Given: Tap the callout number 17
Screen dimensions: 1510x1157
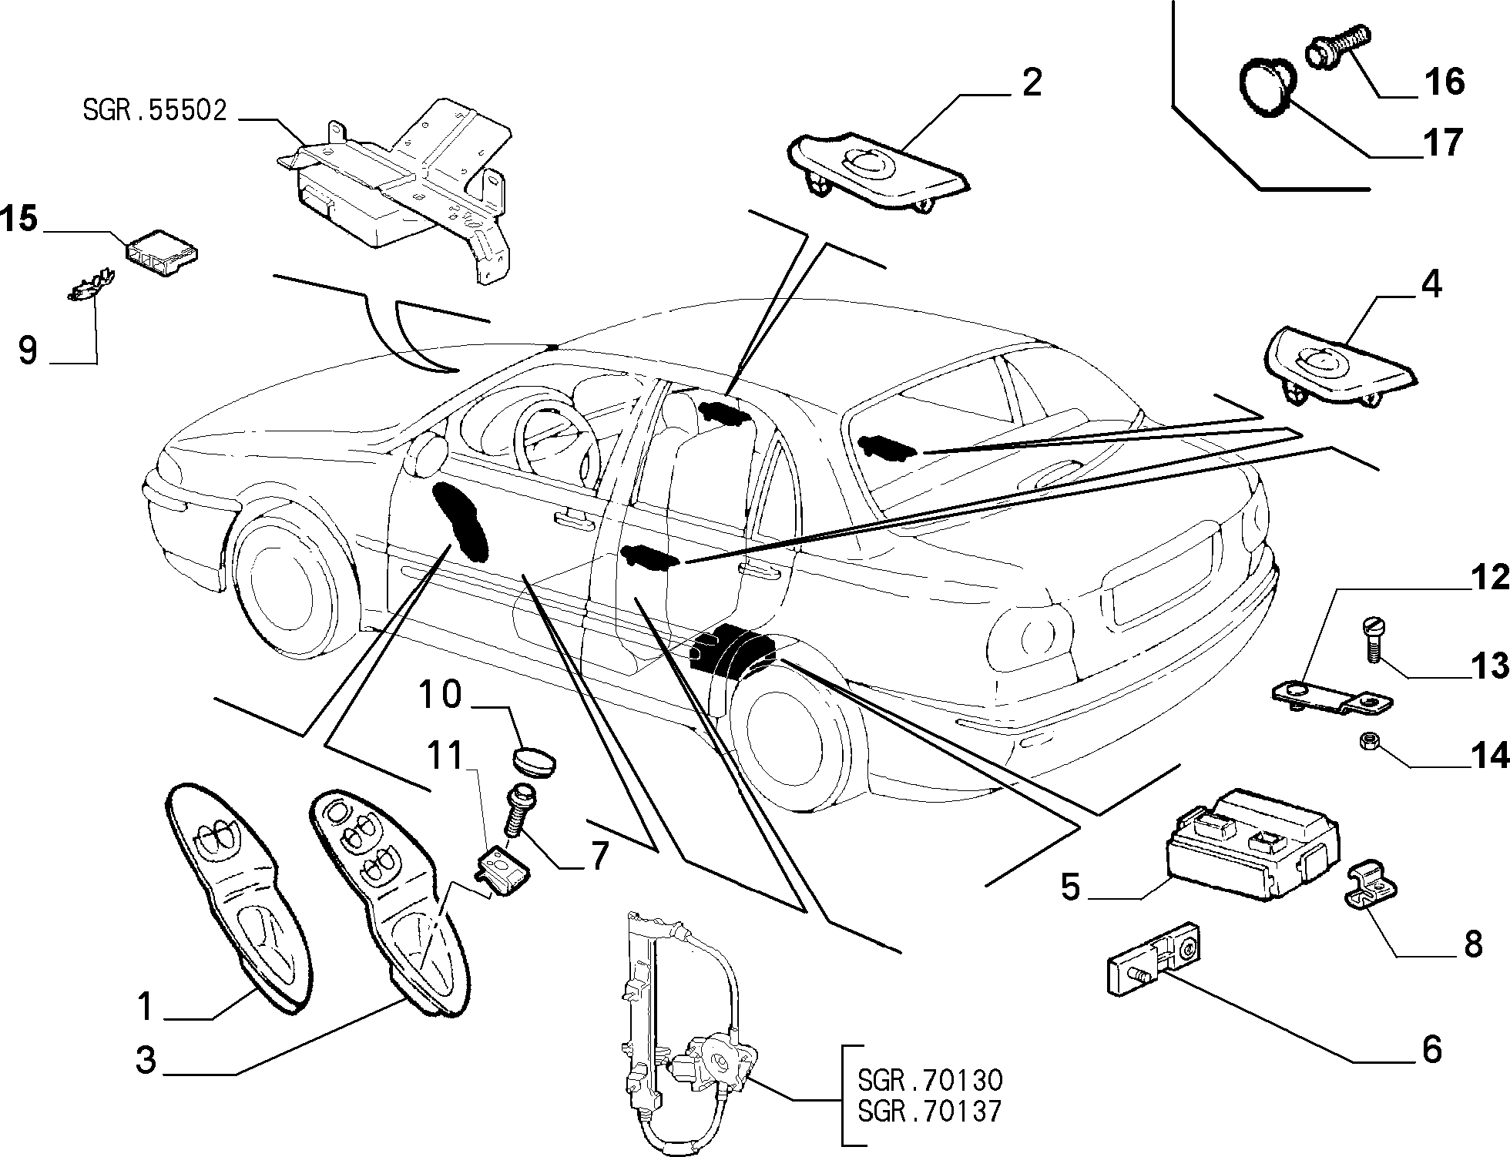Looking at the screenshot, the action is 1443,143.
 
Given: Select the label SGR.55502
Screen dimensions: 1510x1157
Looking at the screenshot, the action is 155,111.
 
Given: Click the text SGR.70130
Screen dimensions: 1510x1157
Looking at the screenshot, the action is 931,1080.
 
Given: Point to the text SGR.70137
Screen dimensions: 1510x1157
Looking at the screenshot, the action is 931,1111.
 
